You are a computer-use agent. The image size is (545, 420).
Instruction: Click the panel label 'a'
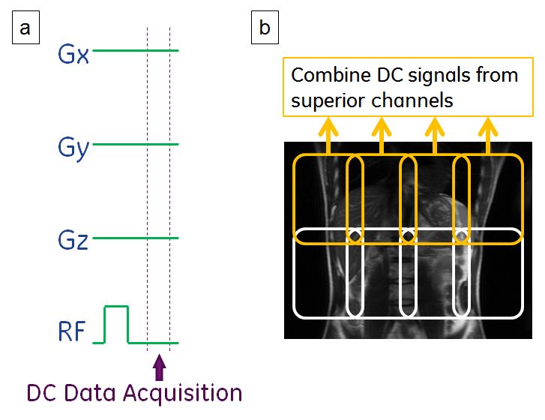click(26, 28)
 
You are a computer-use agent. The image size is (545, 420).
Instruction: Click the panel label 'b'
click(265, 28)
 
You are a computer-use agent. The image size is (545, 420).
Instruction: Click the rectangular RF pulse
click(116, 322)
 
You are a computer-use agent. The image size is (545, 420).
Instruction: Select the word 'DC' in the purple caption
click(43, 393)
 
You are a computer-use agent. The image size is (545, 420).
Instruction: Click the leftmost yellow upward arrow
click(327, 135)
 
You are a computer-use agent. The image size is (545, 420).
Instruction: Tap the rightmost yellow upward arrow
click(489, 135)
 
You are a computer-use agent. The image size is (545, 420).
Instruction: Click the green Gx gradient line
click(135, 50)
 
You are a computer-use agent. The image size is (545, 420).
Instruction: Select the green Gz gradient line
click(135, 238)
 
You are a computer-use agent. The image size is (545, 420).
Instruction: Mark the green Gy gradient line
click(135, 143)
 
